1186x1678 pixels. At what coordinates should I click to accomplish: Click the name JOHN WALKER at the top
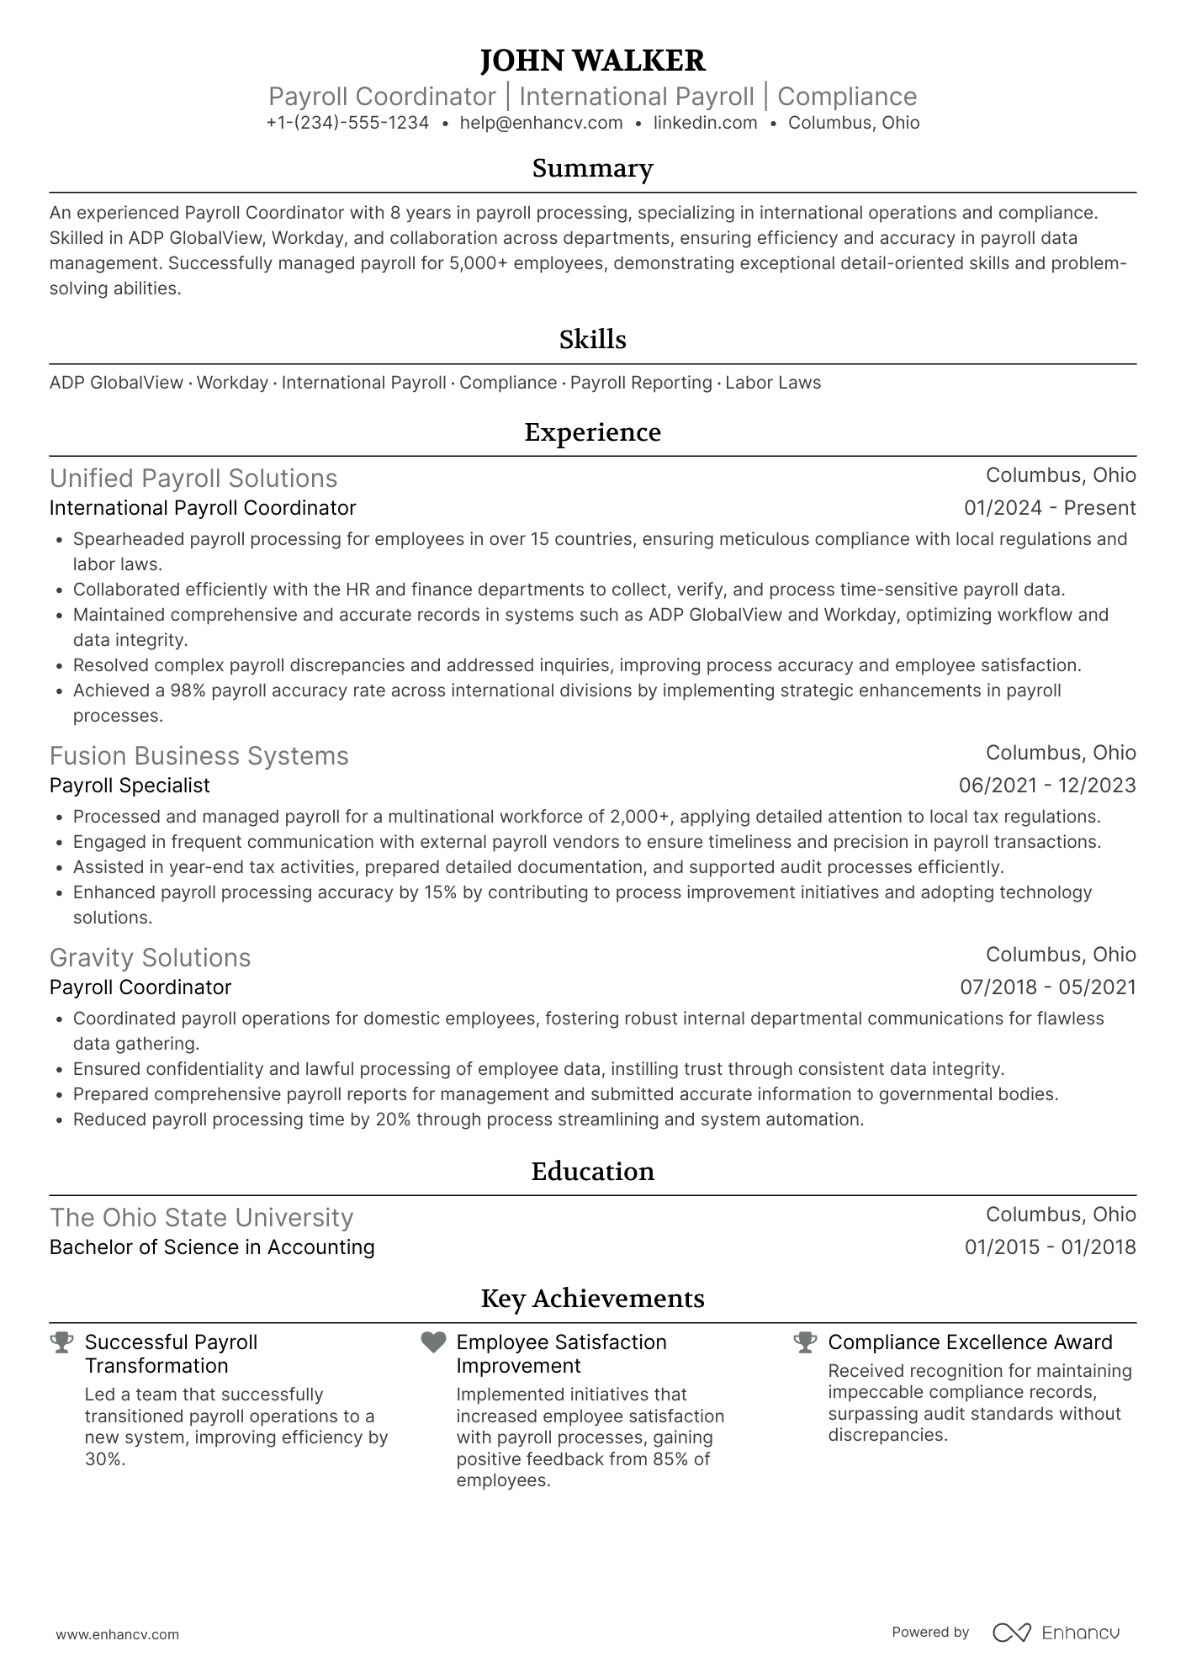point(592,61)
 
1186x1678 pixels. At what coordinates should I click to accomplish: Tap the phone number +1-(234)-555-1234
point(347,123)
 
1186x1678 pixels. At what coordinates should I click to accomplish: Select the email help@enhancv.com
point(541,123)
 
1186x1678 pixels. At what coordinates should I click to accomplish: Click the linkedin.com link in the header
point(705,123)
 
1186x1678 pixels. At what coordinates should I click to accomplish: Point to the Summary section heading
point(592,168)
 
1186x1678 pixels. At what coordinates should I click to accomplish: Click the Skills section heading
point(592,340)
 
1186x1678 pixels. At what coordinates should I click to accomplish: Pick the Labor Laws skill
point(773,383)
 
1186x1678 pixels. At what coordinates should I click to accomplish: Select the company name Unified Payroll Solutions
point(193,479)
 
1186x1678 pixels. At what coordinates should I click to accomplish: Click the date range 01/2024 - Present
point(1050,508)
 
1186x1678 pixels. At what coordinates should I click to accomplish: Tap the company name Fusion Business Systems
point(199,756)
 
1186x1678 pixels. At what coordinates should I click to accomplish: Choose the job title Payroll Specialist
point(130,786)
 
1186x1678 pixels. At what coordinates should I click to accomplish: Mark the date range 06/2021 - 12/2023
point(1047,786)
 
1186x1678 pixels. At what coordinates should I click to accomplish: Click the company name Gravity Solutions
point(150,958)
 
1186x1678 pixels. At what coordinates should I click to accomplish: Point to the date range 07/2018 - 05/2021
point(1048,987)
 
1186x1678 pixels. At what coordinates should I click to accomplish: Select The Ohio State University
point(201,1218)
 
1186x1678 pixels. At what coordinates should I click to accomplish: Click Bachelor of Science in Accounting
point(212,1247)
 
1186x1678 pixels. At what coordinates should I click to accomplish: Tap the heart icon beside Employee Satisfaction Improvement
point(433,1342)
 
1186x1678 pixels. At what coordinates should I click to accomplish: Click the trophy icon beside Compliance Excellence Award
point(805,1342)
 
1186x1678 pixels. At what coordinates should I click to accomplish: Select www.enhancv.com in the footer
point(118,1634)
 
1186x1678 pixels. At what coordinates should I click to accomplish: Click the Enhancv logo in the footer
point(1056,1633)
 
